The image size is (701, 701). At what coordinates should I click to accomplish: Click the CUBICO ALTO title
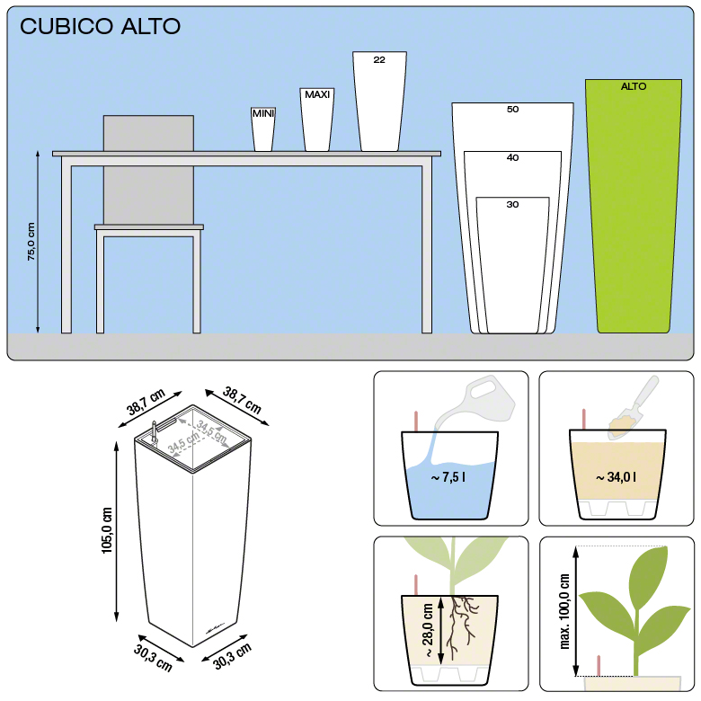tap(100, 26)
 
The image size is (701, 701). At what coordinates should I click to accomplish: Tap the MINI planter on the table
tap(262, 129)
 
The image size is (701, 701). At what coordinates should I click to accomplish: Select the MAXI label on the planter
tap(317, 94)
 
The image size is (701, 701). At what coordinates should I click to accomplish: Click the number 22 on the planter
tap(379, 60)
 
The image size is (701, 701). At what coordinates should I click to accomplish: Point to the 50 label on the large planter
tap(513, 110)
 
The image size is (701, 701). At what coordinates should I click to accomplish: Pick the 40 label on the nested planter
tap(513, 157)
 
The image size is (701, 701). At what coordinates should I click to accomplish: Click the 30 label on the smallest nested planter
tap(513, 205)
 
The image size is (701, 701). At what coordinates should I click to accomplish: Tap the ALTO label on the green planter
tap(634, 86)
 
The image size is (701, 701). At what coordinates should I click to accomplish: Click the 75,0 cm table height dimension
tap(31, 242)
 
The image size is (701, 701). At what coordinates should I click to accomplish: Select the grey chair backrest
tap(148, 170)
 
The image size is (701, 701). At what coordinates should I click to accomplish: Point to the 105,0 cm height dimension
tap(107, 530)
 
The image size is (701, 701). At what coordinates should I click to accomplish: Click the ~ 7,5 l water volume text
tap(448, 477)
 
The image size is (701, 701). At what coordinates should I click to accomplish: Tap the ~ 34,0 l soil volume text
tap(616, 477)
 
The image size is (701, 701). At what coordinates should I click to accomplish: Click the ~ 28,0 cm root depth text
tap(428, 630)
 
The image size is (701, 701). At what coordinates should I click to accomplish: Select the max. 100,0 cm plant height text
tap(564, 611)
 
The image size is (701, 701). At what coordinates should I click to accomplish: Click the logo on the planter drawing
tap(215, 628)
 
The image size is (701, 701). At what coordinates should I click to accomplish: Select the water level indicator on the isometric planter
tap(155, 432)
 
